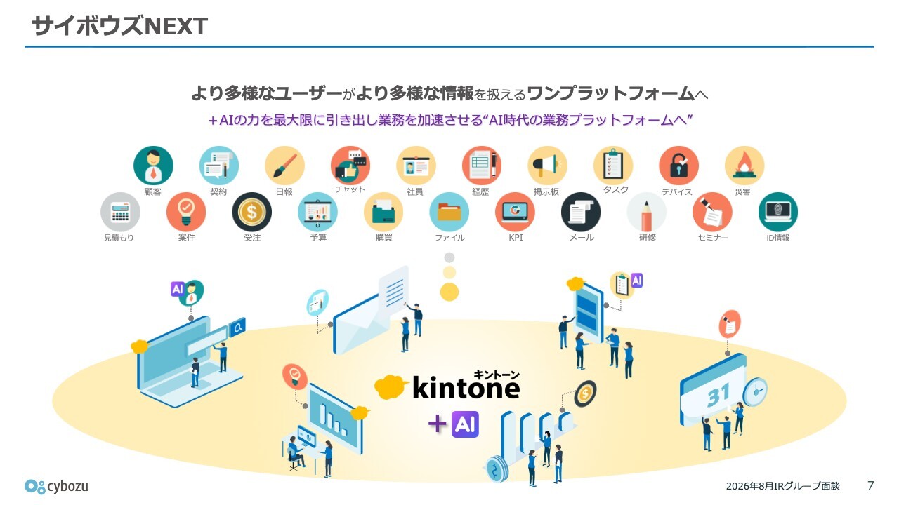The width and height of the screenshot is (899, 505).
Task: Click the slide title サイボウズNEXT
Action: pos(119,26)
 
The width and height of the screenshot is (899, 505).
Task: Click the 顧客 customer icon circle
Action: pos(153,166)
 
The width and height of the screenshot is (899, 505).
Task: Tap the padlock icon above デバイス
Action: pos(678,166)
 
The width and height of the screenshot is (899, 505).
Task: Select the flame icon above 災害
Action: pos(744,166)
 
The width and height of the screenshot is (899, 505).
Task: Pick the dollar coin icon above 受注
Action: pos(251,212)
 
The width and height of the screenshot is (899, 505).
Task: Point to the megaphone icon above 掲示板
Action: pos(547,166)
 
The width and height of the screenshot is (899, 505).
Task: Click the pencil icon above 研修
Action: pos(647,212)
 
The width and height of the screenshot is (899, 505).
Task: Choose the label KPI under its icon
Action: pos(516,238)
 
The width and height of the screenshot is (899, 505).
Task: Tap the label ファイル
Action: pos(450,238)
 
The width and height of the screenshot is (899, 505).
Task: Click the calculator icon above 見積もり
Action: pos(120,212)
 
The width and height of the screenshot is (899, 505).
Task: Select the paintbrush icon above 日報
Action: pos(284,166)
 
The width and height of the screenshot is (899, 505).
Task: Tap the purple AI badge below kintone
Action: pos(465,424)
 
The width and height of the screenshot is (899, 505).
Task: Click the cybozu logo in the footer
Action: pos(56,486)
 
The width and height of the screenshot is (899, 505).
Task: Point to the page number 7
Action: pos(870,485)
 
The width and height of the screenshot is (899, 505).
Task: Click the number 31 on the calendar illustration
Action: pos(718,396)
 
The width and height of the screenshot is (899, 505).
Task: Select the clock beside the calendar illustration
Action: pos(755,392)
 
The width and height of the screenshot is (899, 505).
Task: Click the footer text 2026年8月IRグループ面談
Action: pos(782,486)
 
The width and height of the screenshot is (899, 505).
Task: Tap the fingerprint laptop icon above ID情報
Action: pos(778,212)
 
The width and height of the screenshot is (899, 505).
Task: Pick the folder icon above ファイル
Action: pos(449,212)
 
